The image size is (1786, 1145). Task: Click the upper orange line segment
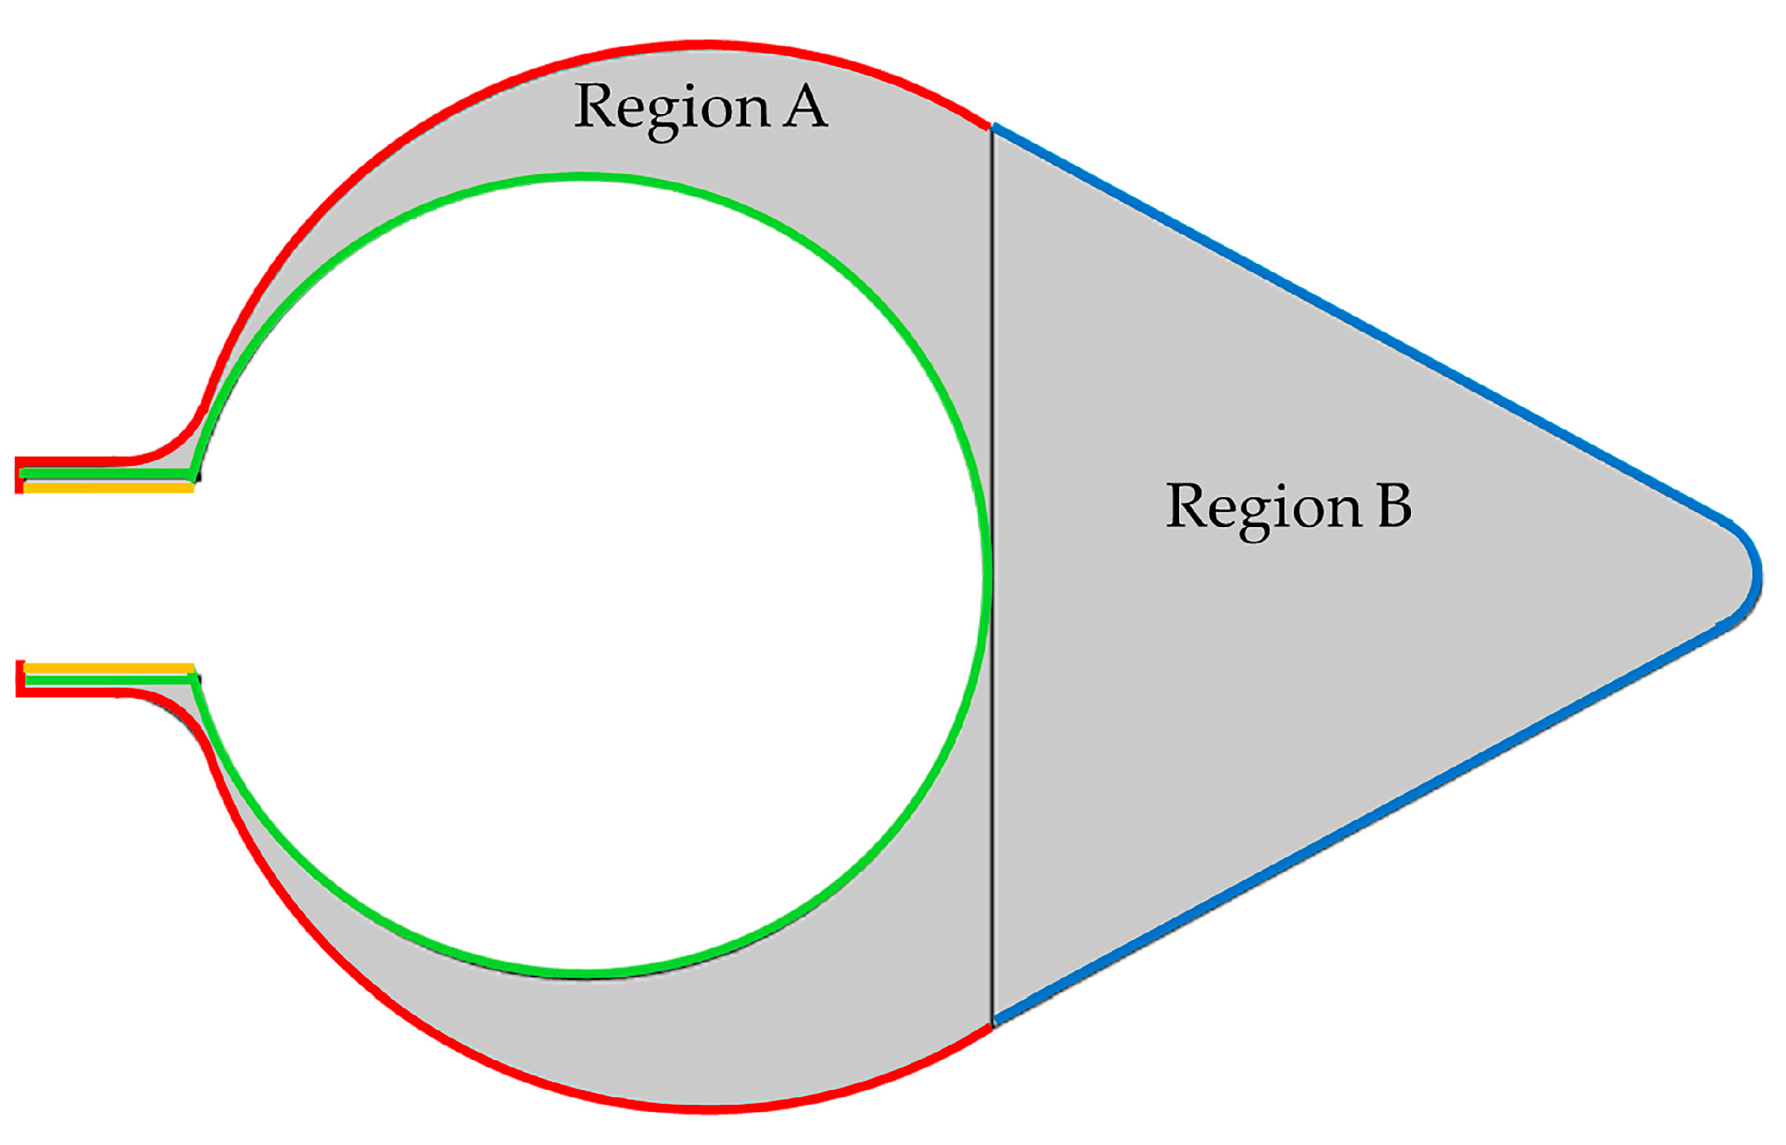click(x=109, y=488)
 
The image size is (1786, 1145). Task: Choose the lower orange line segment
click(x=109, y=668)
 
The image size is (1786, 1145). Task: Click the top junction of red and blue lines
click(x=991, y=127)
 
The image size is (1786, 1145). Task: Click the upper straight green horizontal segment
click(x=104, y=474)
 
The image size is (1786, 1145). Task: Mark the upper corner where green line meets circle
click(x=192, y=474)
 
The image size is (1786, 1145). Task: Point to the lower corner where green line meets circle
click(x=193, y=679)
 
